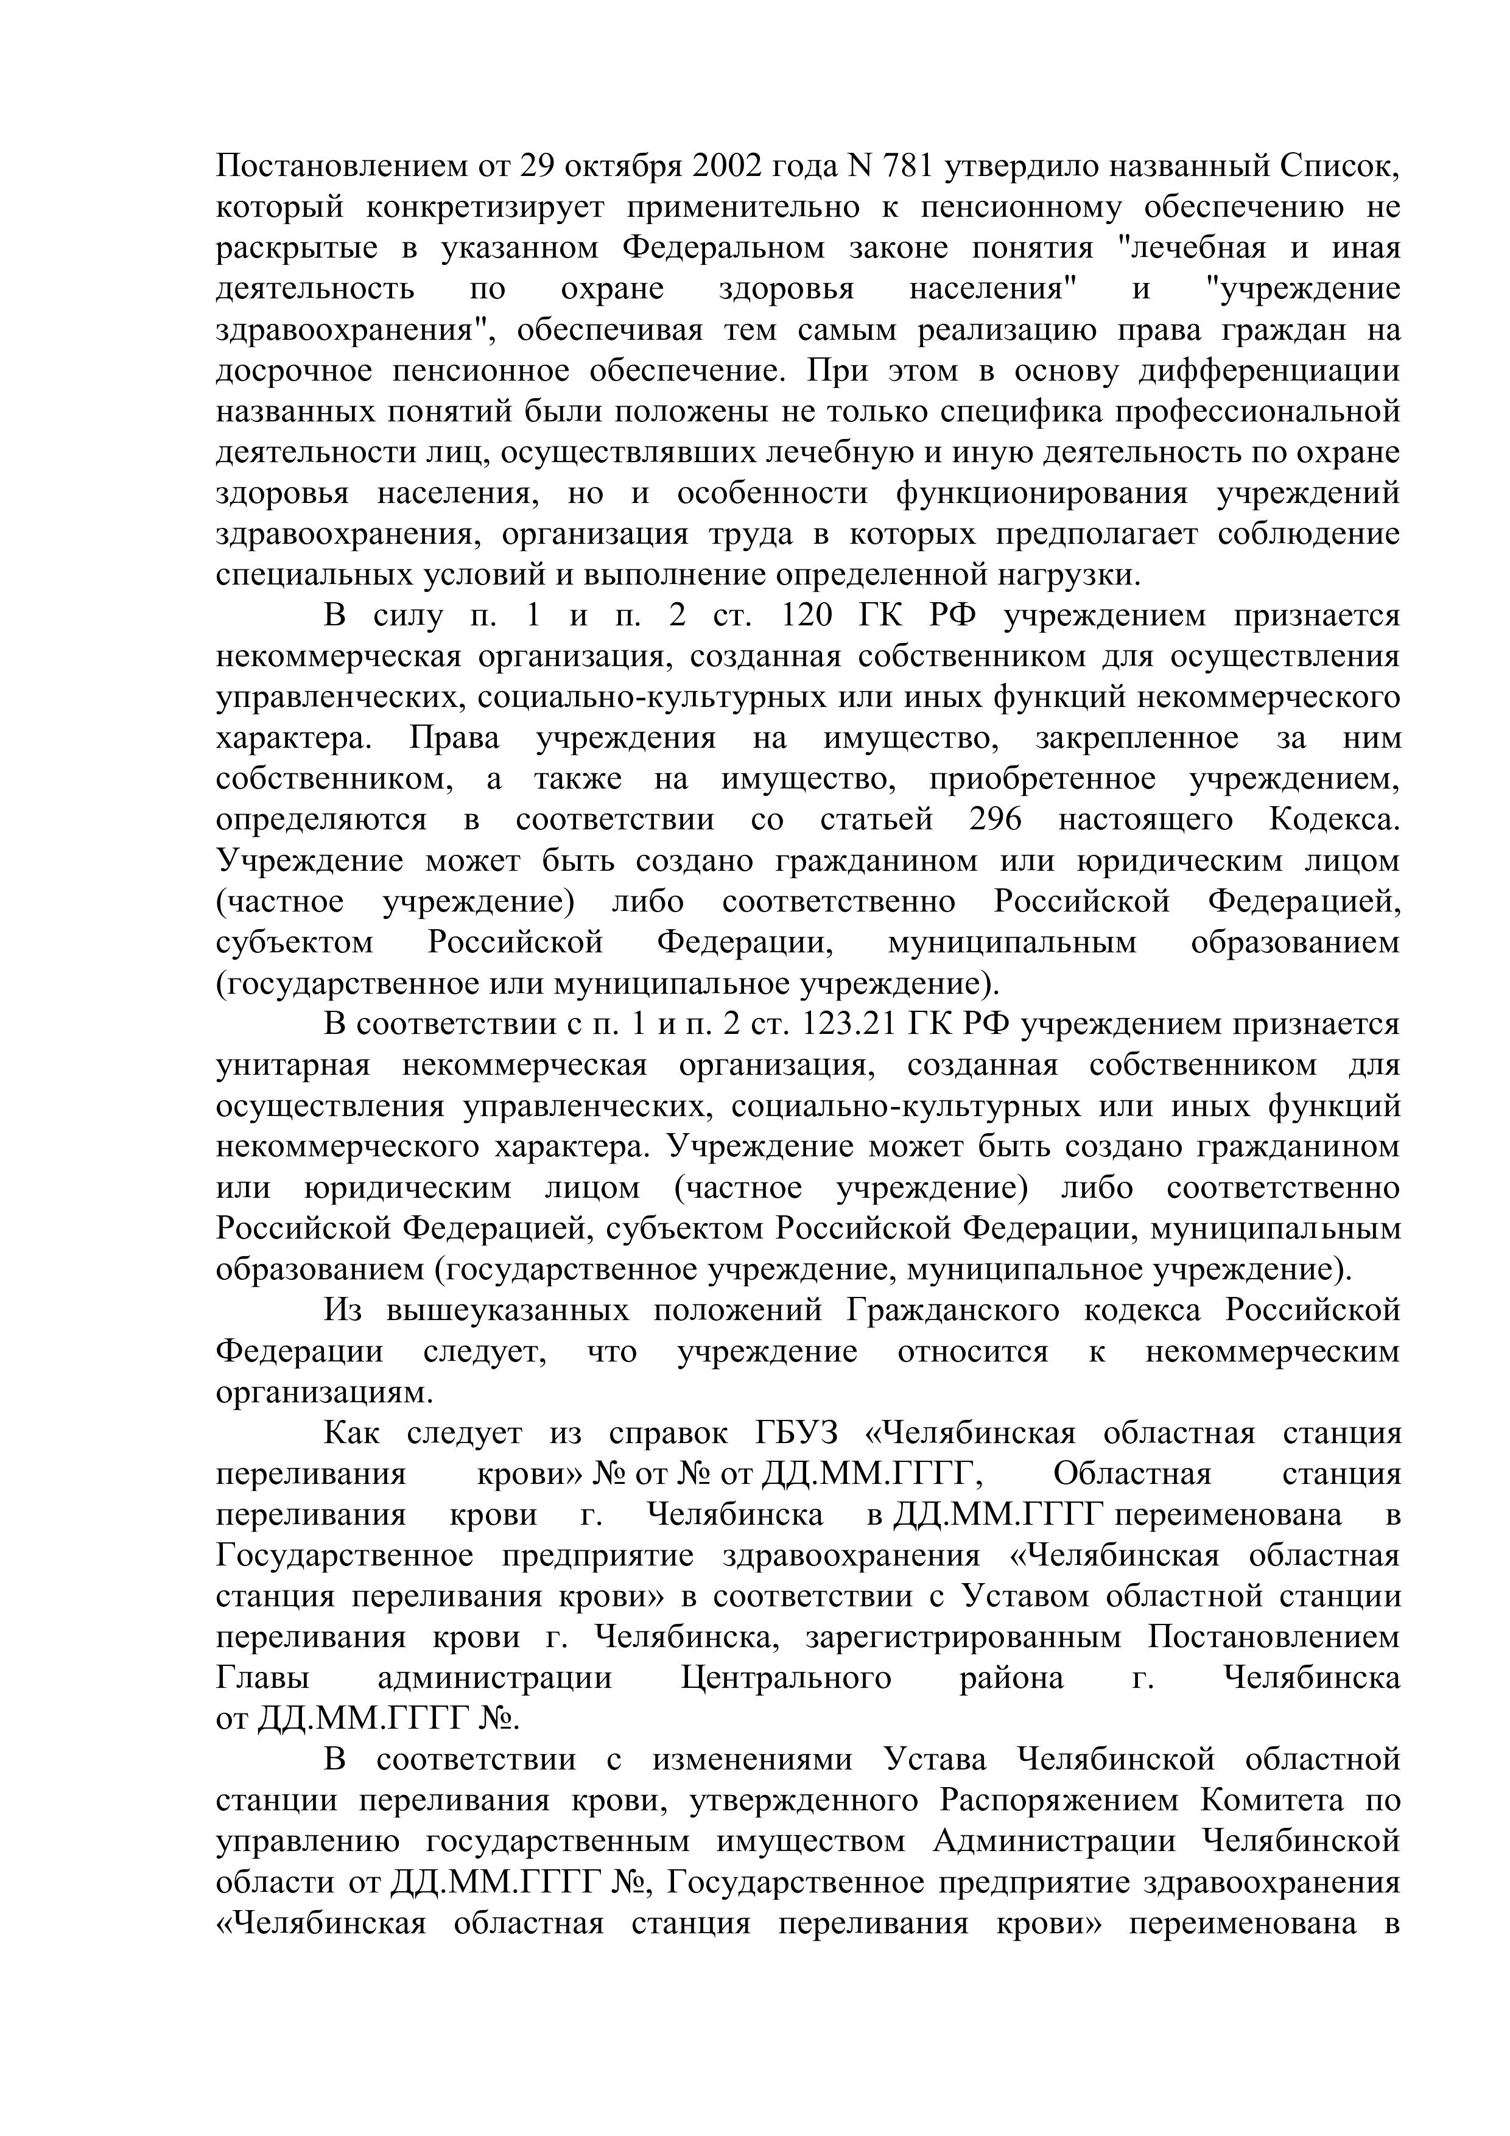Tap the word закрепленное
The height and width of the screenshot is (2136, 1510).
click(1137, 738)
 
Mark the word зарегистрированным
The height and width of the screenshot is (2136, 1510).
click(963, 1637)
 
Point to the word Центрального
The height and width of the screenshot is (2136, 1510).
click(786, 1678)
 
